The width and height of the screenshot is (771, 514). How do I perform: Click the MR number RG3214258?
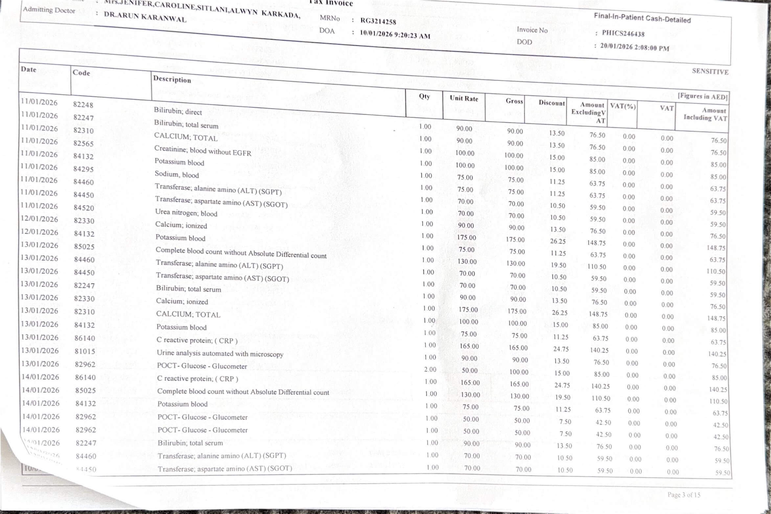tap(378, 21)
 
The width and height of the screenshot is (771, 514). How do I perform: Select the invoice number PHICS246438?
tap(623, 34)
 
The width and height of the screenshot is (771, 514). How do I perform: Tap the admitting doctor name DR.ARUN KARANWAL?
tap(145, 16)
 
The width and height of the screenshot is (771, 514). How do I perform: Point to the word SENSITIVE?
tap(710, 71)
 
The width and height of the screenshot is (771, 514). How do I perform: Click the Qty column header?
tap(424, 96)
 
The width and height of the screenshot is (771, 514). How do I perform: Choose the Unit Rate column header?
tap(464, 98)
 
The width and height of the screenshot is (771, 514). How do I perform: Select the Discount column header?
tap(552, 103)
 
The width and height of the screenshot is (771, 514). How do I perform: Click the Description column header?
tap(172, 80)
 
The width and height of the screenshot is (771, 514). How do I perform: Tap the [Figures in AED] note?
tap(702, 96)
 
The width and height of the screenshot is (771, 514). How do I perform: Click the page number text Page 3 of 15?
tap(684, 495)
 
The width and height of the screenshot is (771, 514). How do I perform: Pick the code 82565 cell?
tap(83, 143)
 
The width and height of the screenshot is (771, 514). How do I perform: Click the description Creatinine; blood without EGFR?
tap(203, 151)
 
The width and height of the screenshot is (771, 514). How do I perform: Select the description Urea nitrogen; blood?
tap(186, 213)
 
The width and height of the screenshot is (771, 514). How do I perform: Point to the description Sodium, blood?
tap(177, 174)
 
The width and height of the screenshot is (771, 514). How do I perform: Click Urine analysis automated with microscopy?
tap(220, 354)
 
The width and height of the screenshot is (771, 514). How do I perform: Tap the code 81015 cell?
tap(85, 351)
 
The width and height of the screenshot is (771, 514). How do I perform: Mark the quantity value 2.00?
tap(430, 369)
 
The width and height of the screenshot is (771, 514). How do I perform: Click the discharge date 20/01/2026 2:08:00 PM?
tap(634, 47)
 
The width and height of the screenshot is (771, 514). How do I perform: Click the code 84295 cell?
tap(83, 169)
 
